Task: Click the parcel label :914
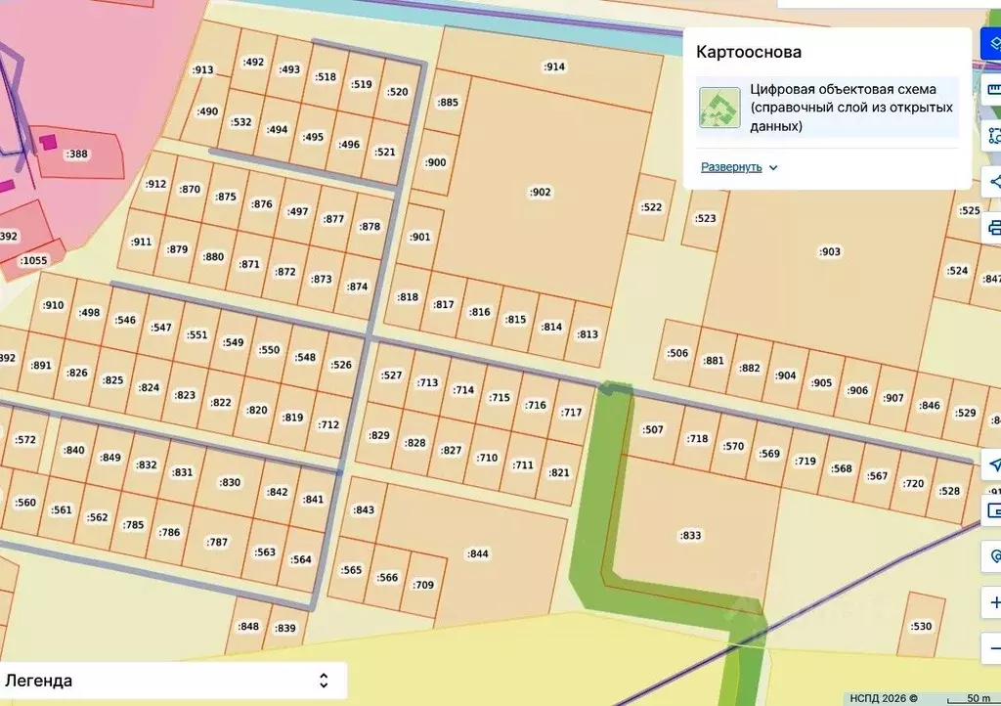[554, 66]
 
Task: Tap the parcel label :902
[541, 192]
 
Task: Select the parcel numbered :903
[829, 251]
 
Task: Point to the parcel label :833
[690, 535]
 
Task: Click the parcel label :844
[477, 553]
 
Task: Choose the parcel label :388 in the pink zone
[76, 154]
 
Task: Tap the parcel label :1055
[34, 260]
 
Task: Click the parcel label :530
[921, 626]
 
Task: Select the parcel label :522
[651, 207]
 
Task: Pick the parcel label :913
[203, 69]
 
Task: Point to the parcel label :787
[217, 542]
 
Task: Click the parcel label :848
[249, 626]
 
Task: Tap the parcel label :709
[423, 585]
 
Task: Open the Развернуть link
[730, 167]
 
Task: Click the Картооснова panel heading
[749, 52]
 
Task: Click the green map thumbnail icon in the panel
[719, 108]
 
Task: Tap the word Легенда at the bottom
[39, 681]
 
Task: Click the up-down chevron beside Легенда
[324, 681]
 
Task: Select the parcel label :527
[391, 375]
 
